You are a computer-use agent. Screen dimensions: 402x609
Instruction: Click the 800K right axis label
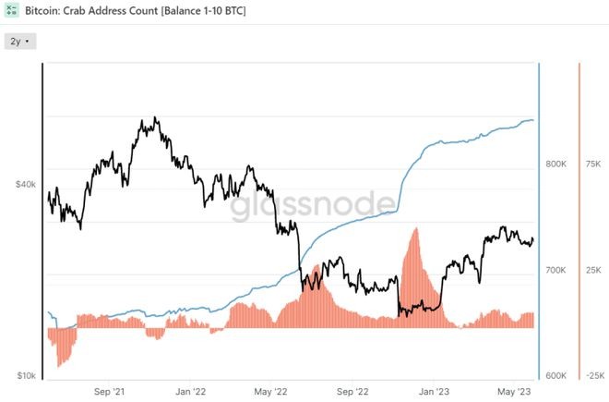[555, 164]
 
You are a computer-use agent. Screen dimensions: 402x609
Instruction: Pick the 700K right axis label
[555, 271]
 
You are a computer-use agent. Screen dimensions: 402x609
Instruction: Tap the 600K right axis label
[555, 376]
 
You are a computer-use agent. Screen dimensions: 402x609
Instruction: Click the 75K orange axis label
[592, 164]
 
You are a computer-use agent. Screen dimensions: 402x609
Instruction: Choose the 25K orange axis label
[592, 271]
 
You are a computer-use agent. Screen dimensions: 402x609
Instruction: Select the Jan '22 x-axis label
[190, 391]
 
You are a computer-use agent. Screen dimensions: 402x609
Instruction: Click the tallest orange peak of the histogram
[413, 230]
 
